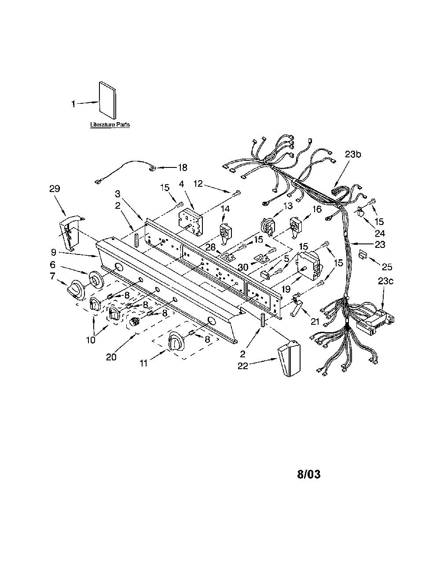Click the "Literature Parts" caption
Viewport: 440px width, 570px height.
[x=110, y=124]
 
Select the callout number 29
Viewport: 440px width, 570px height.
[x=55, y=189]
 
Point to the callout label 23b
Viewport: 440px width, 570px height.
[x=353, y=154]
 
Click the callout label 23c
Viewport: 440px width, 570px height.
[x=385, y=281]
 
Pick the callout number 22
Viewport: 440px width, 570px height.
[x=243, y=366]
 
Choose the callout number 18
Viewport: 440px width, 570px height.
[x=183, y=167]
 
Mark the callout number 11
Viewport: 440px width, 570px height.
[x=143, y=363]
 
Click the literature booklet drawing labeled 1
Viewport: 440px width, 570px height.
[x=107, y=100]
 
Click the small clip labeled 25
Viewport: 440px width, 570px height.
[x=363, y=254]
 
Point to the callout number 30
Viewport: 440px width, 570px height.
[x=243, y=267]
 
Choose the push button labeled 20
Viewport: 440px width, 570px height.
[x=136, y=320]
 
